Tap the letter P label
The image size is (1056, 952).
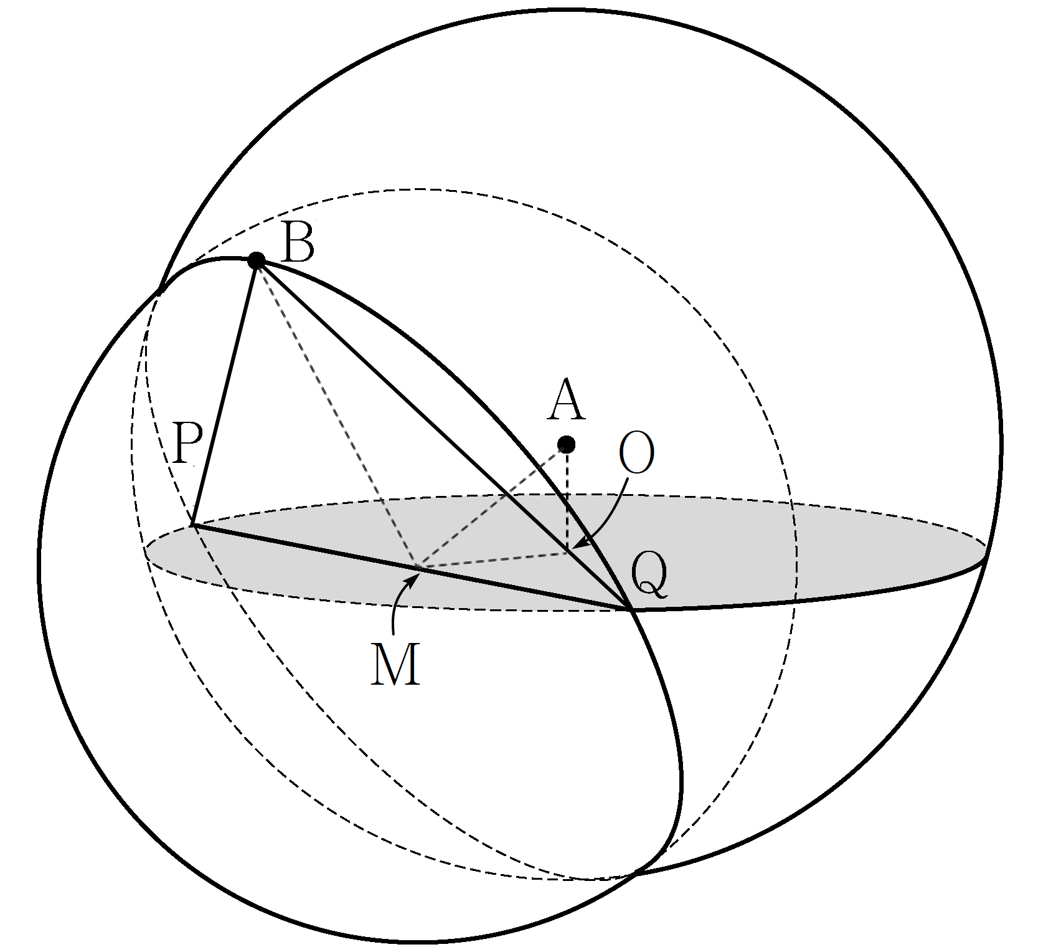click(187, 444)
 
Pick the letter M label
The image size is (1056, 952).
click(395, 665)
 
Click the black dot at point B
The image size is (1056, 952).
click(257, 260)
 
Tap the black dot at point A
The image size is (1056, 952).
click(567, 444)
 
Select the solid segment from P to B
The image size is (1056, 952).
click(224, 393)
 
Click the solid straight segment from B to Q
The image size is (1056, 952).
click(444, 434)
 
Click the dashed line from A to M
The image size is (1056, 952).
click(492, 506)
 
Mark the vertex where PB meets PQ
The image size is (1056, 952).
click(193, 525)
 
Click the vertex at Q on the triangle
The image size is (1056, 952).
click(631, 609)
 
